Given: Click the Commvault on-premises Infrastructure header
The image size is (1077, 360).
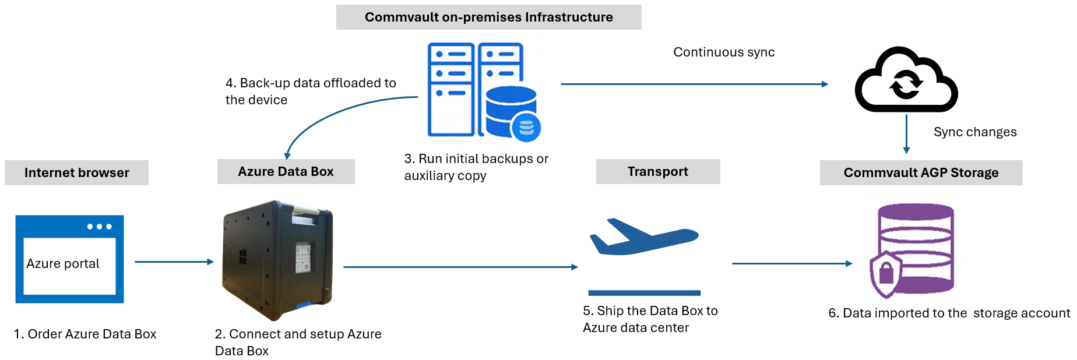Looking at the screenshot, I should coord(488,17).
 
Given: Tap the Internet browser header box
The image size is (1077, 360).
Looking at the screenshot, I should coord(76,173).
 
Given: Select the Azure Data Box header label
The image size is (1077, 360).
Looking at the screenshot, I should coord(286,172).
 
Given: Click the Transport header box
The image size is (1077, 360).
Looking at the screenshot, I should coord(657,172).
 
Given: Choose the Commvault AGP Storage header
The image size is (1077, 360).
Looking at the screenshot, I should coord(921,173).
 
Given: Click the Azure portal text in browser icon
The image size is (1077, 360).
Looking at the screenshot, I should coord(63,264).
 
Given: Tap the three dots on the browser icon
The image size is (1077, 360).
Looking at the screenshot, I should coord(99,227).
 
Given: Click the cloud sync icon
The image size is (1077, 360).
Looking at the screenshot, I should coord(906,82).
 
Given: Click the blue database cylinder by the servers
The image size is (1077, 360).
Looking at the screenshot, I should coord(511,111).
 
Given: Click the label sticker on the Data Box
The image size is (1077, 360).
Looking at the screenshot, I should coord(303,257).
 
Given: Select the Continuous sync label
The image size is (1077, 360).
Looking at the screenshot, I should coord(724,52).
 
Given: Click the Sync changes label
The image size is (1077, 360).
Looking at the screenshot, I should coord(975,132).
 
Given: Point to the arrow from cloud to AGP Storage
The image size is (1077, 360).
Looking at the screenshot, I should coord(906,134).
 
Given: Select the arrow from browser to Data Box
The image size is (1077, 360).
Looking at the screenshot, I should coord(174,262).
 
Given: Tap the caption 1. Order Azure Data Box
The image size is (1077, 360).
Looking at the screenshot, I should coord(85,334).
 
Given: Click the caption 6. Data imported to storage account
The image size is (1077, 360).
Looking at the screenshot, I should coord(949,313).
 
